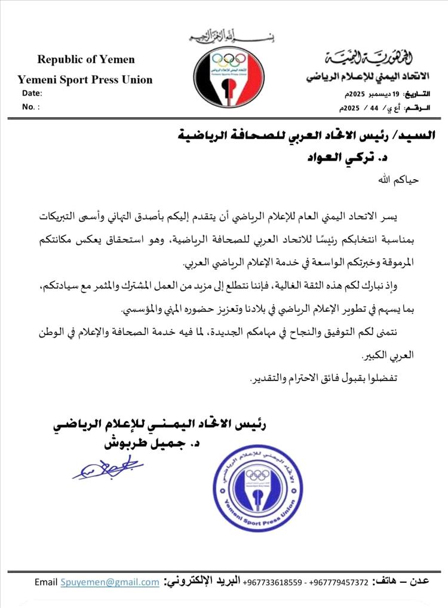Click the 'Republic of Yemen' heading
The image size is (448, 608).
(86, 59)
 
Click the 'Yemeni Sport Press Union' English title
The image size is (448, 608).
(85, 79)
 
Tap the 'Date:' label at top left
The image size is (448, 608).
(32, 93)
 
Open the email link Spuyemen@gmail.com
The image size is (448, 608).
(109, 582)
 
